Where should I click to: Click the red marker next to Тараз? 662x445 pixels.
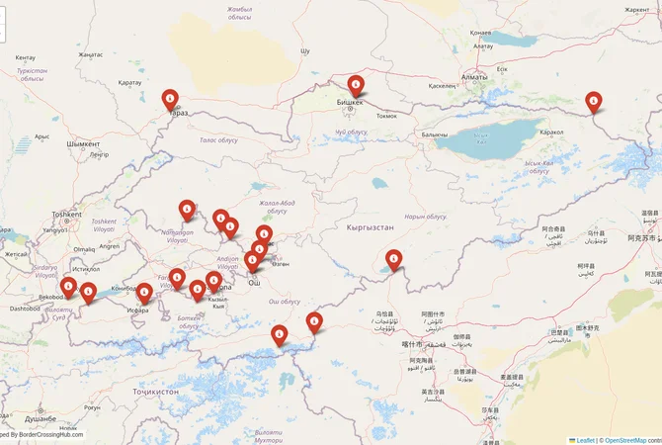(170, 99)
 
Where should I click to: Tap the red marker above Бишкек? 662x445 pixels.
(357, 86)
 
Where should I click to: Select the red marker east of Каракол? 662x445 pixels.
(593, 100)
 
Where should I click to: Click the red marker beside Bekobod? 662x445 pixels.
(68, 288)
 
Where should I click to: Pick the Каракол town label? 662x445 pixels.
(549, 132)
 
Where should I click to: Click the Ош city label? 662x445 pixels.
(253, 282)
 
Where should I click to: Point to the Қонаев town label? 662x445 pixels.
(482, 30)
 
